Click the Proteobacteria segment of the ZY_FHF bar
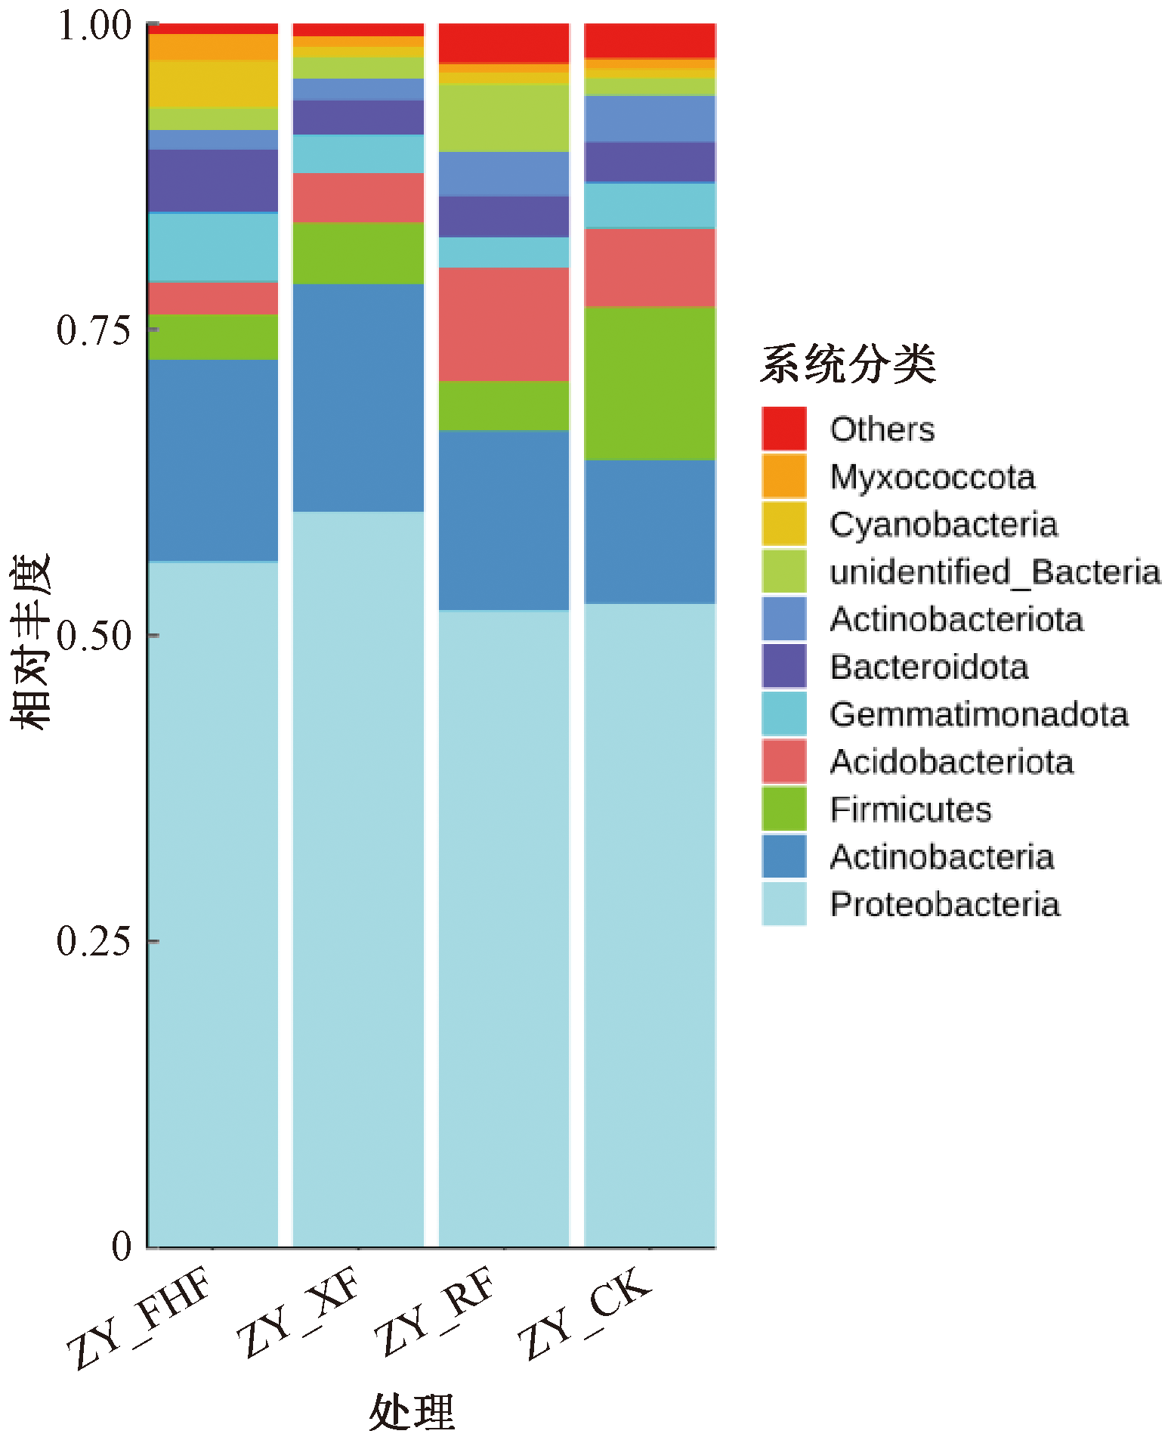coord(213,903)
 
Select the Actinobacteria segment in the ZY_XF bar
coord(358,398)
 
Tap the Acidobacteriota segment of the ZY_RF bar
coord(504,324)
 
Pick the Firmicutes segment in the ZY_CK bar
coord(650,383)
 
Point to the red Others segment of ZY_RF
coord(504,43)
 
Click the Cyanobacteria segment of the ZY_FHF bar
coord(213,84)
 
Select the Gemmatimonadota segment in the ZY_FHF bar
coord(213,247)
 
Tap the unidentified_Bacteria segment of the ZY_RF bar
coord(504,118)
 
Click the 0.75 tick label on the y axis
coord(94,330)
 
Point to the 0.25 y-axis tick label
coord(94,941)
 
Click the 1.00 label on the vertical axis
coord(94,26)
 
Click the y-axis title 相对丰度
coord(30,641)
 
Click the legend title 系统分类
coord(848,364)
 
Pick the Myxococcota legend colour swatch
coord(784,476)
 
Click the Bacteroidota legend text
coord(929,667)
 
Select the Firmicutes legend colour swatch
coord(784,809)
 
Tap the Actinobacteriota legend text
coord(956,620)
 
